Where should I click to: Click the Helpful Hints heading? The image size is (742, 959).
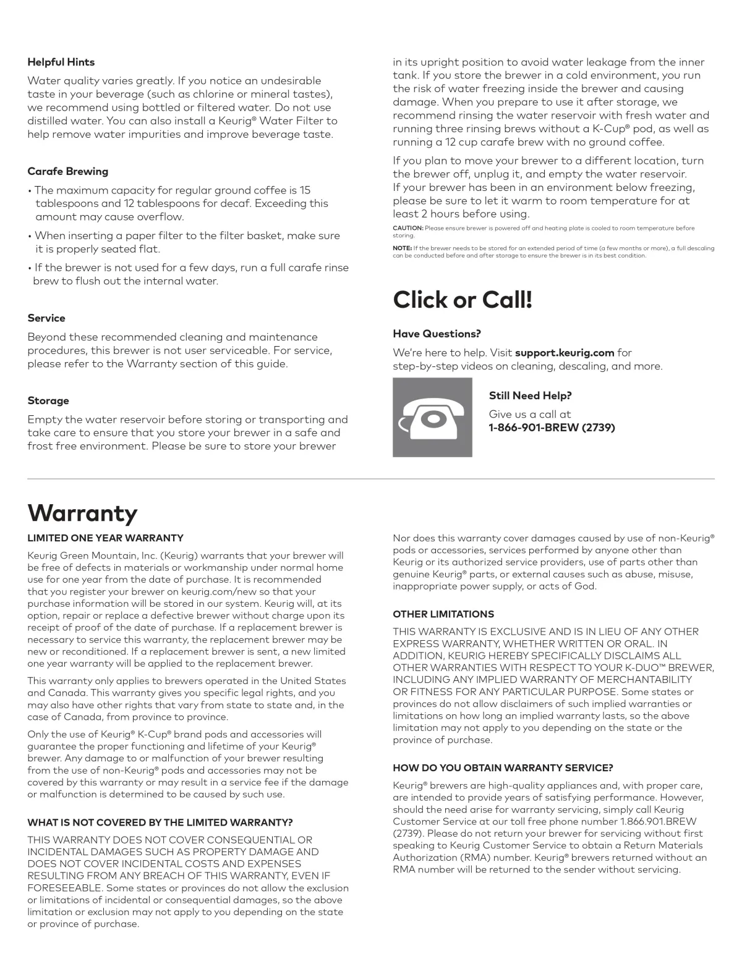point(61,62)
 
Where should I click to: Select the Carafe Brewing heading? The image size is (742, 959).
point(67,171)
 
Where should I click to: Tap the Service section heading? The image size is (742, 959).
point(46,318)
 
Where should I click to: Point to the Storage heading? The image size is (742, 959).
point(48,400)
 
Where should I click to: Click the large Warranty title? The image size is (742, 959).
point(82,513)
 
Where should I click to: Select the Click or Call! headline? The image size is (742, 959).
point(463,300)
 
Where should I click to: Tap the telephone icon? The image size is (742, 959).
point(432,418)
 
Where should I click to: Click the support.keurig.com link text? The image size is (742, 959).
point(565,353)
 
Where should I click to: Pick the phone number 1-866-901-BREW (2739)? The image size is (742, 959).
point(552,428)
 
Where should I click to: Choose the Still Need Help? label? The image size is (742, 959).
point(530,395)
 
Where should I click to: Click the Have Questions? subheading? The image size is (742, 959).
point(437,334)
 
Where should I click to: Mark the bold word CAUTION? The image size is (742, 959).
point(407,228)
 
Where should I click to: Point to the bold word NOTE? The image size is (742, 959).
point(402,248)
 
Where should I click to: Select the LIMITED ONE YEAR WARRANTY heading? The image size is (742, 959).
point(105,538)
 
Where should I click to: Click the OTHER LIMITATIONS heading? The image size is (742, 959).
point(443,614)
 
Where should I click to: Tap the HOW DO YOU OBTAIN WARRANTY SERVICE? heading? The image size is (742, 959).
point(503,768)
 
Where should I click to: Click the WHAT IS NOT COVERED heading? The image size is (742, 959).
point(160,822)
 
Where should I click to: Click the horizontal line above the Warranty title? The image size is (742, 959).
point(371,479)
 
